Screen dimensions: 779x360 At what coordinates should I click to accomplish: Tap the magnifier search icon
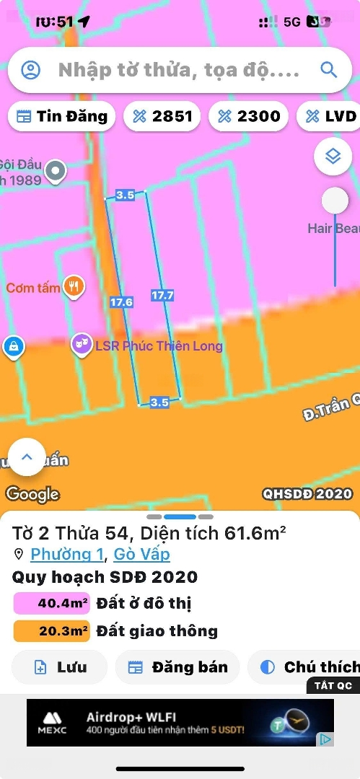(x=329, y=70)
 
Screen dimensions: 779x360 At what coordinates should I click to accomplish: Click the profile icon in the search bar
(x=30, y=70)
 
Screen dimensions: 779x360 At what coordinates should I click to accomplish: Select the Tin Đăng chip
(x=62, y=116)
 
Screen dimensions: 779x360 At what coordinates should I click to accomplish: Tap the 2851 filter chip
(x=162, y=116)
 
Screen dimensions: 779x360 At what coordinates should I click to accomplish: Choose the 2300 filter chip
(x=249, y=116)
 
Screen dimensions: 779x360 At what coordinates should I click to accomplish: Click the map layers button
(x=333, y=155)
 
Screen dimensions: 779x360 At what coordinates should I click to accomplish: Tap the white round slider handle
(x=335, y=201)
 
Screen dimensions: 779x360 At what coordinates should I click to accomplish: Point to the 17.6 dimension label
(x=121, y=302)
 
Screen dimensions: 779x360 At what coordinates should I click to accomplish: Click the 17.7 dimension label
(x=162, y=295)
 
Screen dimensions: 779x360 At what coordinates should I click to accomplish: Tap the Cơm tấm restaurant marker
(x=74, y=287)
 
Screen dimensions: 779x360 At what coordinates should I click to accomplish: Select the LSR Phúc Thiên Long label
(x=159, y=346)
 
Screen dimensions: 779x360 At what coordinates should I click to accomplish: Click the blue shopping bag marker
(x=12, y=347)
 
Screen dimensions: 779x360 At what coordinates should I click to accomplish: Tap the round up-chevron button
(x=27, y=457)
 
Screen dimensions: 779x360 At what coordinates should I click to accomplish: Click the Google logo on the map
(x=32, y=494)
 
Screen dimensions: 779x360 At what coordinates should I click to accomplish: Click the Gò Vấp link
(x=142, y=554)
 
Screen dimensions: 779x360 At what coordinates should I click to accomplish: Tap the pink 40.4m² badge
(x=52, y=603)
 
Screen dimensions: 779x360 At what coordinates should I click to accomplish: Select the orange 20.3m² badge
(x=52, y=631)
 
